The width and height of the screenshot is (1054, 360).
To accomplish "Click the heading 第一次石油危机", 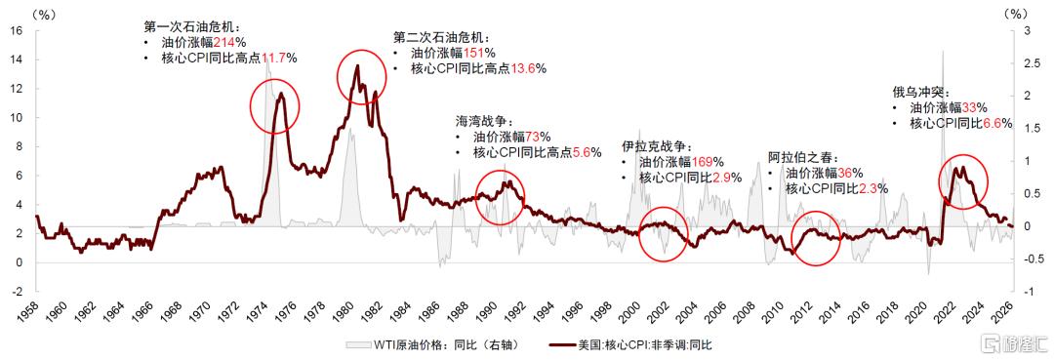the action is pyautogui.click(x=191, y=27).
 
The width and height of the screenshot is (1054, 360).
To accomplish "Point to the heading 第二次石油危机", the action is pyautogui.click(x=441, y=38).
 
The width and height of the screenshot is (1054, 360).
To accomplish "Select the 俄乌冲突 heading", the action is pyautogui.click(x=917, y=93).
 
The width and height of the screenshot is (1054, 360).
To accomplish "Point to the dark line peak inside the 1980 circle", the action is pyautogui.click(x=357, y=65).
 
